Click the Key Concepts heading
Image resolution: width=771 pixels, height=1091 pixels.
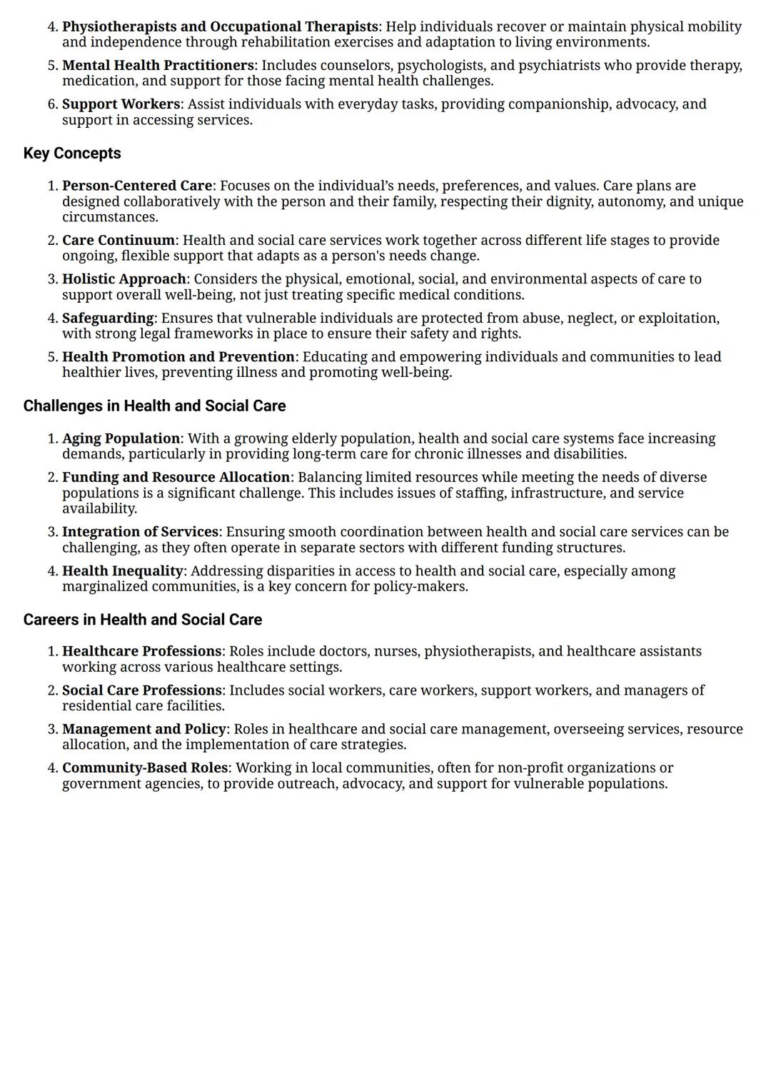72,154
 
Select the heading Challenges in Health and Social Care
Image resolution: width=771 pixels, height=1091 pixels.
154,406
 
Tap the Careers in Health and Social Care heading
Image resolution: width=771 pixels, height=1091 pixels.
142,620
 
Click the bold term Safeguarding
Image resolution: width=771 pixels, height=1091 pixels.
108,318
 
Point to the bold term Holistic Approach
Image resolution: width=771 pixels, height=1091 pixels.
124,279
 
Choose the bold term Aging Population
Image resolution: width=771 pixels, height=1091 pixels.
121,438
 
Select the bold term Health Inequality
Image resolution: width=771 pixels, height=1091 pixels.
123,571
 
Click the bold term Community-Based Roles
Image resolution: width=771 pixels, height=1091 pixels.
145,768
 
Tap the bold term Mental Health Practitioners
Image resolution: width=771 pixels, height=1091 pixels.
158,66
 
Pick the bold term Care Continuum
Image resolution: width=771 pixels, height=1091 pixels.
119,241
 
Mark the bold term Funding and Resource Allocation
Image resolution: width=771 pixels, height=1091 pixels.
176,478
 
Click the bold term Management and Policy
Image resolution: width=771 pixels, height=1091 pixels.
144,729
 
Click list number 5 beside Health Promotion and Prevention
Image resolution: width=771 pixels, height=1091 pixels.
52,357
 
